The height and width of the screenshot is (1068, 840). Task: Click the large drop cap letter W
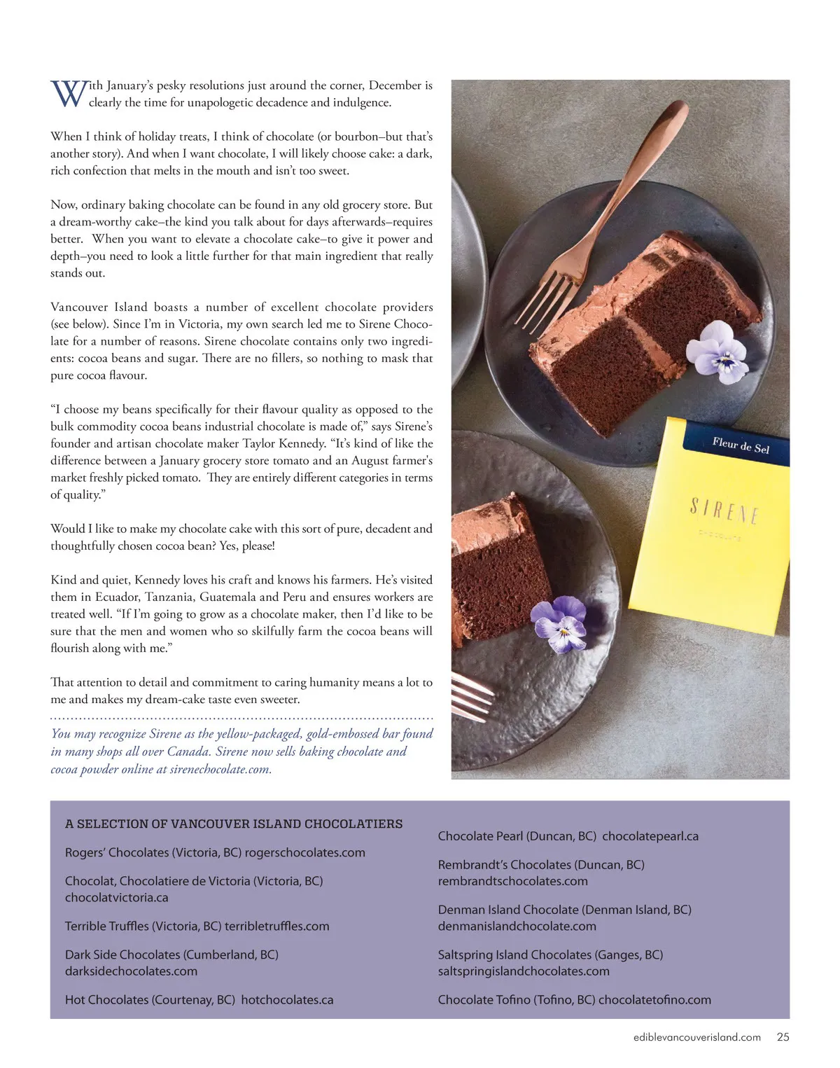click(69, 94)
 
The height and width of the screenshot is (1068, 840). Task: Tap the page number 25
click(783, 1037)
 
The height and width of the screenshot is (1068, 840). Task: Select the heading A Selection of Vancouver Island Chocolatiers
click(234, 824)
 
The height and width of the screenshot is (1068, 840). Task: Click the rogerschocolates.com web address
click(305, 852)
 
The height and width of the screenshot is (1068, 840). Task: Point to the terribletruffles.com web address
click(276, 926)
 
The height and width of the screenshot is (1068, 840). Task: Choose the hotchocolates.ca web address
click(287, 999)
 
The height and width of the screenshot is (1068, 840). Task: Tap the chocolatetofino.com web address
click(654, 999)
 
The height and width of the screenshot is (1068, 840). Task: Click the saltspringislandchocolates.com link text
click(524, 971)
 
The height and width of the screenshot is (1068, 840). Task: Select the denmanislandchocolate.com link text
click(517, 926)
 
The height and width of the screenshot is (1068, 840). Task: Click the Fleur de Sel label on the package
click(741, 445)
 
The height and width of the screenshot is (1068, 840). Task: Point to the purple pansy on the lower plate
click(559, 622)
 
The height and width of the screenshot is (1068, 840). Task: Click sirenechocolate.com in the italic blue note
click(220, 769)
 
